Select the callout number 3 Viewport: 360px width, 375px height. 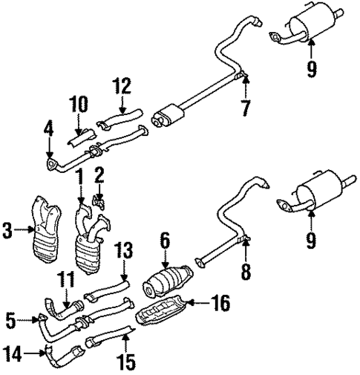pos(8,232)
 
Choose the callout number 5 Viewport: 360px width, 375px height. pos(10,320)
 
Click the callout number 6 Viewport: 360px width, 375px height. pos(165,239)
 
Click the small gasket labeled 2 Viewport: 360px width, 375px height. pos(99,199)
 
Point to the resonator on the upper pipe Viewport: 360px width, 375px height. pos(170,116)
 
